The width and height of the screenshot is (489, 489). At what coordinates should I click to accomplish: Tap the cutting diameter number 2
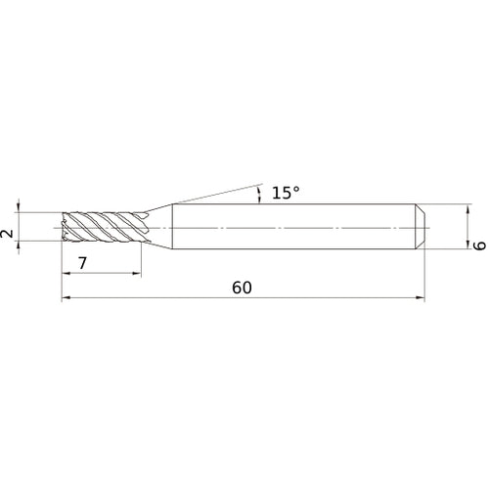pyautogui.click(x=8, y=235)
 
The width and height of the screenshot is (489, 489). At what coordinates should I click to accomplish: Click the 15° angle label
pyautogui.click(x=285, y=194)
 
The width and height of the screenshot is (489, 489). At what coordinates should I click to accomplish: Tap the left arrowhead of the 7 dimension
pyautogui.click(x=67, y=273)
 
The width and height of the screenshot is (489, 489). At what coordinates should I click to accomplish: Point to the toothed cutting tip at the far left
pyautogui.click(x=67, y=227)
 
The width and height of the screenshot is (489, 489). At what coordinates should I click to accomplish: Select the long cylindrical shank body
pyautogui.click(x=293, y=227)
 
